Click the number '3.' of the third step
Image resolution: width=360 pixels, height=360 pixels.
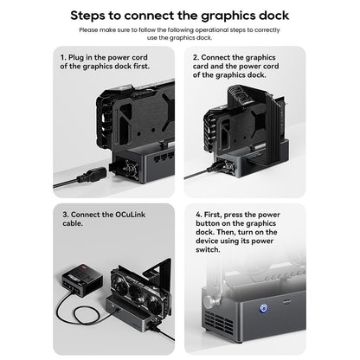pos(64,214)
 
